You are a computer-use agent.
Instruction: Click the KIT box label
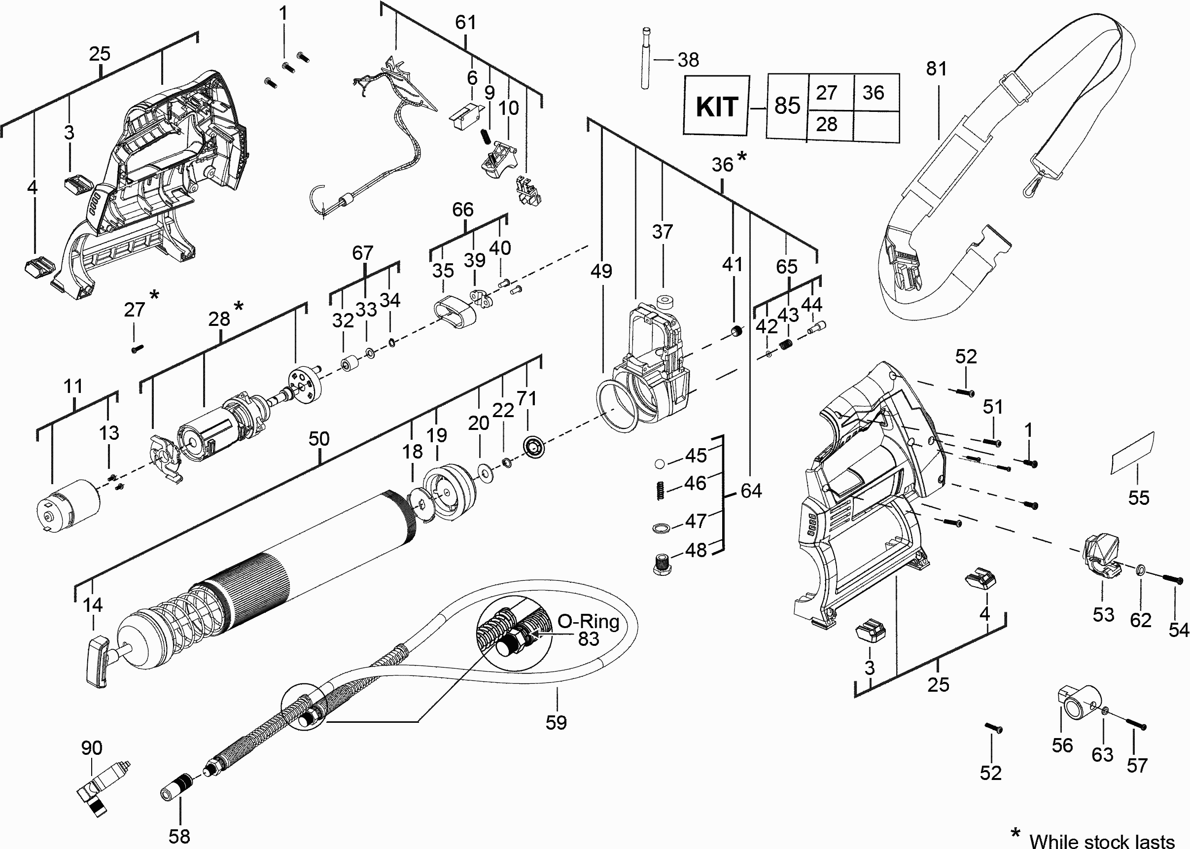pos(716,106)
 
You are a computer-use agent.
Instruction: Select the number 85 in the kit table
pos(787,106)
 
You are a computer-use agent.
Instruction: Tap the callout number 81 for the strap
pos(936,69)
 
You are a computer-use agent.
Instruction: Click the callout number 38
pos(688,60)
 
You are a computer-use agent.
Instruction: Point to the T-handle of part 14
pos(97,661)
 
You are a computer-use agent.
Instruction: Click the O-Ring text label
pos(588,622)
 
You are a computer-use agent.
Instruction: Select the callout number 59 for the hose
pos(556,722)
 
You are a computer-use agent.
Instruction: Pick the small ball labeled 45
pos(660,464)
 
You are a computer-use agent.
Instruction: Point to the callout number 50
pos(319,439)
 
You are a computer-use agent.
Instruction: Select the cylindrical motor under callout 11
pos(68,505)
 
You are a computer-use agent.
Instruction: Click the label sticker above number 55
pos(1132,453)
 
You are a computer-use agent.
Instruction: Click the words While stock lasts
pos(1102,841)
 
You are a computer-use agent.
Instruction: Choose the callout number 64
pos(751,491)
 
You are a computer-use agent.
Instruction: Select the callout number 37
pos(662,232)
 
